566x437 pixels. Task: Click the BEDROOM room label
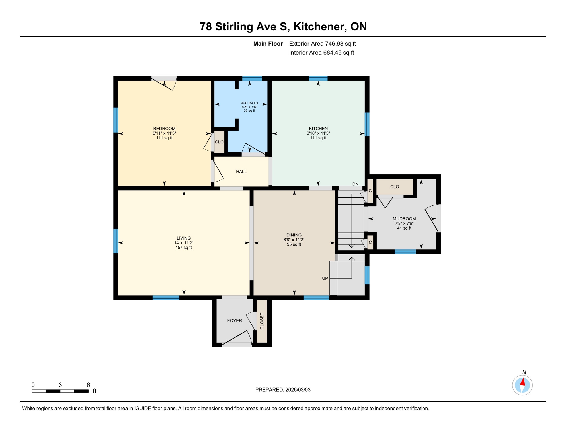(164, 129)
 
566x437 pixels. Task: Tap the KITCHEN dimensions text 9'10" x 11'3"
(318, 133)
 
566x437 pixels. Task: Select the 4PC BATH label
(249, 103)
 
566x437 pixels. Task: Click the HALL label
(241, 172)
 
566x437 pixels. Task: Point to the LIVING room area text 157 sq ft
(184, 248)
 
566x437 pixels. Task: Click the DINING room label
(294, 235)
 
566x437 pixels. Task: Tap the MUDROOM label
(404, 219)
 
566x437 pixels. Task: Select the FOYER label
(235, 321)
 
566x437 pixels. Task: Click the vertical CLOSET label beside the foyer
(262, 321)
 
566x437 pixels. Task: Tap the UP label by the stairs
(325, 278)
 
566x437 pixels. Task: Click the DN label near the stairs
(355, 184)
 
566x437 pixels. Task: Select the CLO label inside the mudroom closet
(394, 187)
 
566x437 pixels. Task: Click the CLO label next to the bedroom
(219, 142)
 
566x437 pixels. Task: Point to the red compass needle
(523, 382)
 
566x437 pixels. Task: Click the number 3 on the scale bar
(60, 385)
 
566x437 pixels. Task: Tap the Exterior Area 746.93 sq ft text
(322, 44)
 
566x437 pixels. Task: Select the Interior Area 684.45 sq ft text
(321, 53)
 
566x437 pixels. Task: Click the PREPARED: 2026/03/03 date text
(283, 390)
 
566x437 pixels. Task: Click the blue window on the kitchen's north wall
(318, 78)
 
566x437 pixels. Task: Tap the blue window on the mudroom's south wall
(405, 252)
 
